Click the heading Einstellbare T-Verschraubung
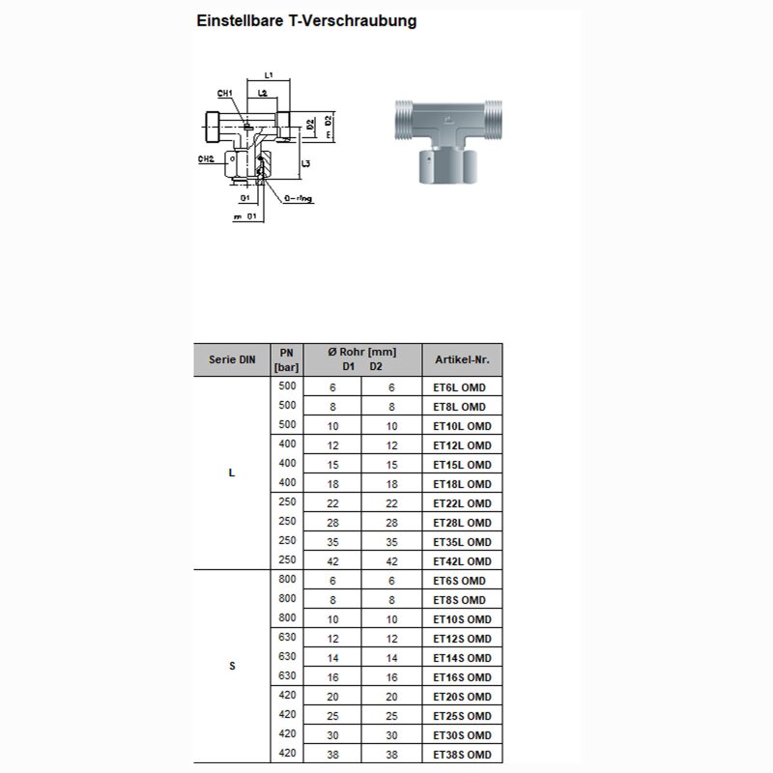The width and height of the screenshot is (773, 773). (306, 20)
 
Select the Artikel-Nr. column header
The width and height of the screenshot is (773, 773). (462, 359)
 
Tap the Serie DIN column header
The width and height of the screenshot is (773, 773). (232, 359)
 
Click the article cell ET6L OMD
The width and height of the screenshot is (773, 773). (459, 387)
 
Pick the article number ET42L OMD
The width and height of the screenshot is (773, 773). (462, 561)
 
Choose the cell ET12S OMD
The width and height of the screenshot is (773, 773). (462, 639)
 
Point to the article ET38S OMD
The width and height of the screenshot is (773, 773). (462, 755)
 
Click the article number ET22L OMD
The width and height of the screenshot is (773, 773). (462, 503)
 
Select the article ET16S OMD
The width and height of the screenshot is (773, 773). (462, 677)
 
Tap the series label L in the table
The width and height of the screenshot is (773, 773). (232, 473)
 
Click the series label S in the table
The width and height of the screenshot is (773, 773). (232, 667)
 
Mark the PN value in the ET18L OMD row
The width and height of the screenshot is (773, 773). (287, 482)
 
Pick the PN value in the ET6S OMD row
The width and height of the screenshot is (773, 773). (287, 579)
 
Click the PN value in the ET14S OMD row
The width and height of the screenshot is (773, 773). (287, 656)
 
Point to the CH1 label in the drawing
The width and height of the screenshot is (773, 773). (225, 94)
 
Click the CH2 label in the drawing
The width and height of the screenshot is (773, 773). (206, 158)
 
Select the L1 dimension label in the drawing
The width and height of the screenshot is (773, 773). (270, 75)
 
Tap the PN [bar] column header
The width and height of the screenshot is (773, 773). (286, 359)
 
